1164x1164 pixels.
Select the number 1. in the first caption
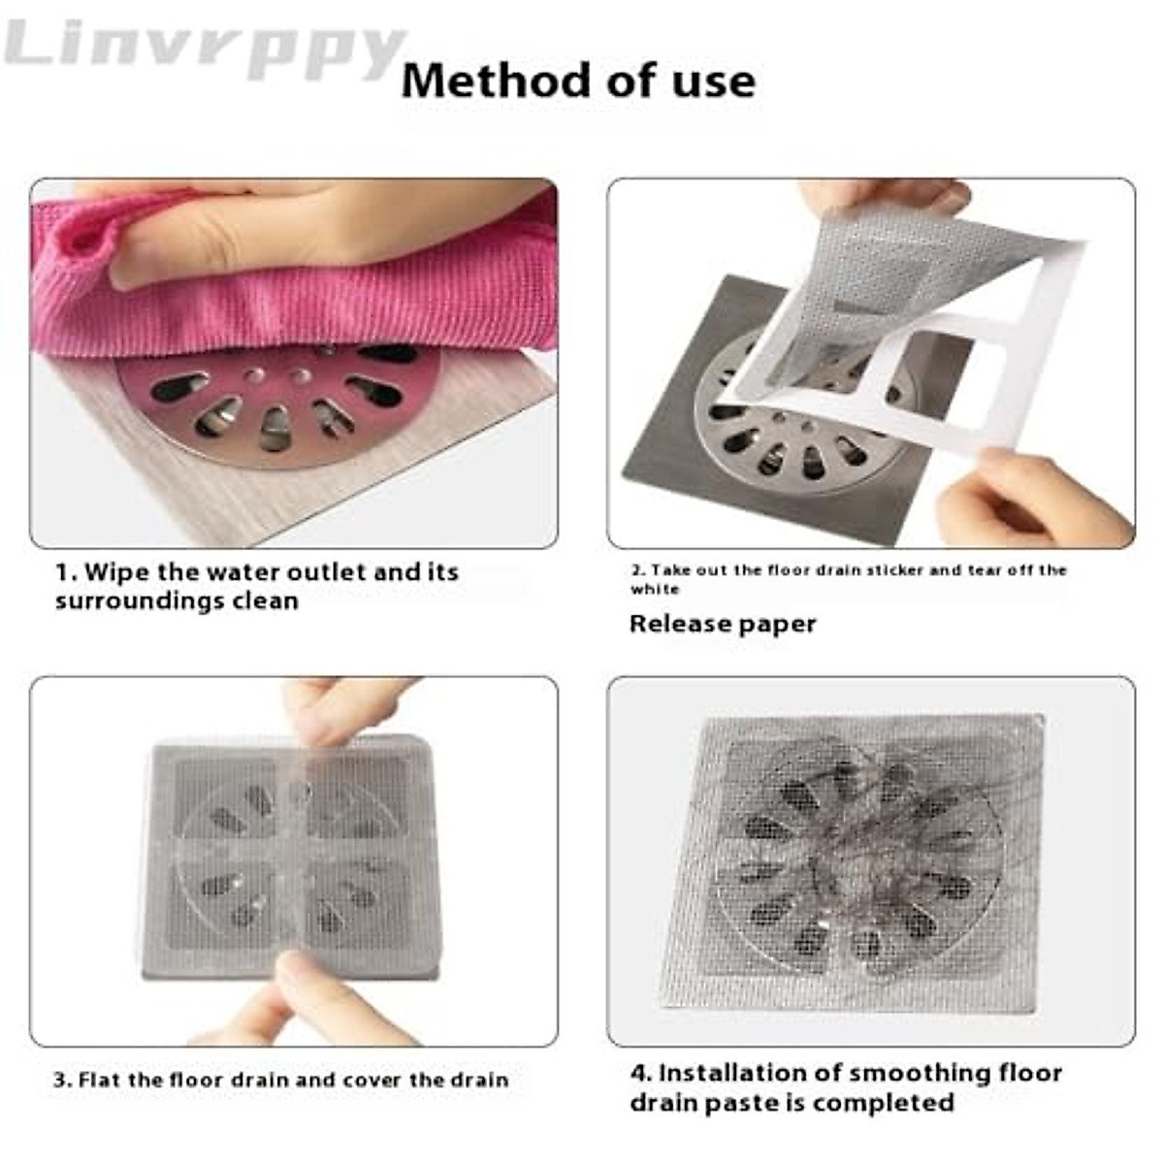pyautogui.click(x=65, y=572)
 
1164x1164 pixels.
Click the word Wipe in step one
pyautogui.click(x=116, y=572)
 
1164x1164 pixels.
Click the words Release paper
pyautogui.click(x=723, y=624)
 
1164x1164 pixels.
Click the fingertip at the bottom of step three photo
pyautogui.click(x=310, y=980)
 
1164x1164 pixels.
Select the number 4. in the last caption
pyautogui.click(x=640, y=1073)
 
